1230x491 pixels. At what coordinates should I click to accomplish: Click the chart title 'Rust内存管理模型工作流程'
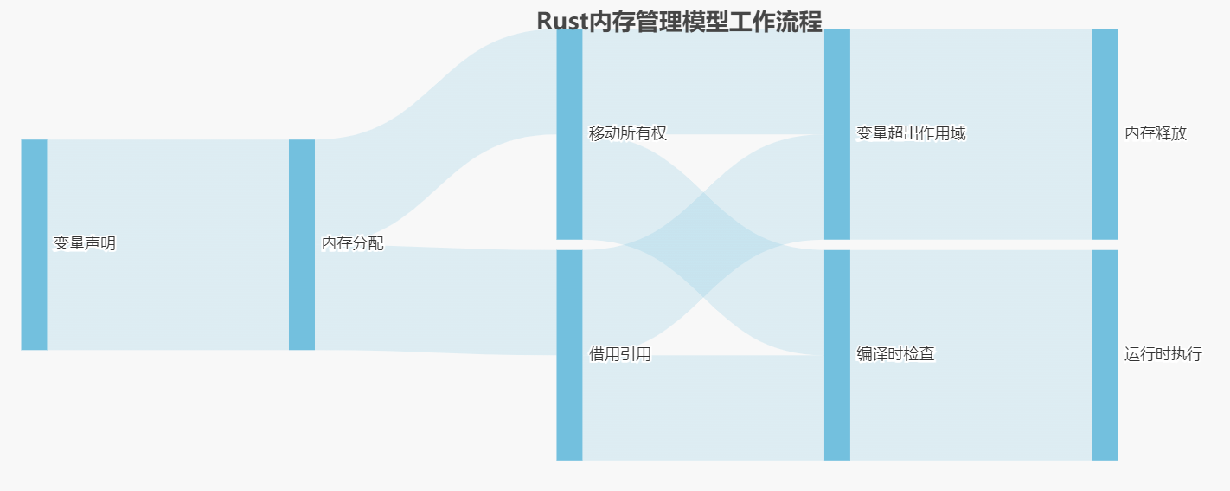[x=679, y=21]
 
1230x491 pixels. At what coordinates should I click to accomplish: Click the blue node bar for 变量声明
[x=34, y=244]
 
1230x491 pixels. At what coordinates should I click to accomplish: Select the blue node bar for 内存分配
[x=301, y=244]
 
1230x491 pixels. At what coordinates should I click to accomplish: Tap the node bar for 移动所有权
[x=569, y=133]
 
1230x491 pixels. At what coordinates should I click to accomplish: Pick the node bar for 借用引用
[x=569, y=355]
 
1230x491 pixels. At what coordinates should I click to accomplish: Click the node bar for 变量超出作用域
[x=836, y=133]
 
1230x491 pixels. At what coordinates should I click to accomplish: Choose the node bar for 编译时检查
[x=836, y=355]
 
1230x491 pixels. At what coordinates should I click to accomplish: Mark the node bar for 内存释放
[x=1105, y=133]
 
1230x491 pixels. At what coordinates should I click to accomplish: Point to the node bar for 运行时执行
[x=1105, y=355]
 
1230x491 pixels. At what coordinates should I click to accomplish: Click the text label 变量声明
[x=85, y=244]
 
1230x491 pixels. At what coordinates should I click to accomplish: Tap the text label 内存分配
[x=352, y=244]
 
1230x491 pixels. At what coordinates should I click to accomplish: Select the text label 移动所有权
[x=628, y=133]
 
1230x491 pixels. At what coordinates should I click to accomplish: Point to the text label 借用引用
[x=620, y=354]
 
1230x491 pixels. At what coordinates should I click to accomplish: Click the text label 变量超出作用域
[x=911, y=133]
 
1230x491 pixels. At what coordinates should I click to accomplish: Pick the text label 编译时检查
[x=895, y=354]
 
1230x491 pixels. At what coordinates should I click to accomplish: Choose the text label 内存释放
[x=1156, y=133]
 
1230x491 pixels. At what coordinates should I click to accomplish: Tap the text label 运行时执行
[x=1163, y=354]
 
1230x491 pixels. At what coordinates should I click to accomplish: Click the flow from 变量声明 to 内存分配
[x=168, y=244]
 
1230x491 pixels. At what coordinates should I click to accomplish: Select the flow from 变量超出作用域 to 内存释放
[x=971, y=133]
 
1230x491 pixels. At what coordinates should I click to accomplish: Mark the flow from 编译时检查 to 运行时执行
[x=971, y=355]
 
